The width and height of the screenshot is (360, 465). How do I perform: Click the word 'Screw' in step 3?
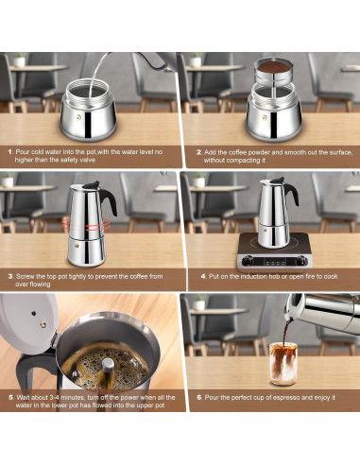[27, 275]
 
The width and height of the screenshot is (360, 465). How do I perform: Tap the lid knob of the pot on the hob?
[267, 177]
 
